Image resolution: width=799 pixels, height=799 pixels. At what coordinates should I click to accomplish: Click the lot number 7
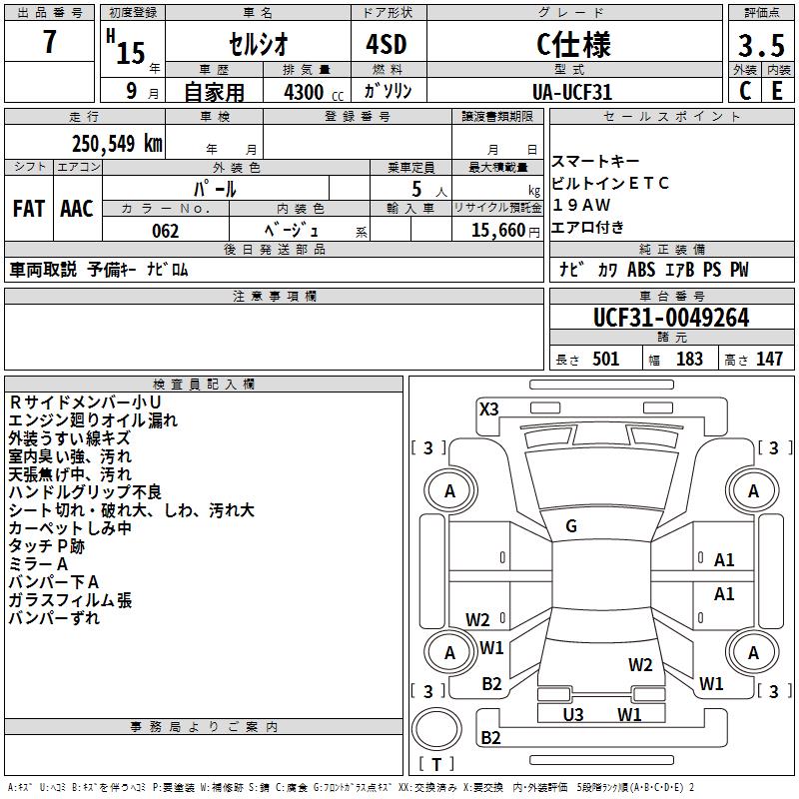pyautogui.click(x=50, y=43)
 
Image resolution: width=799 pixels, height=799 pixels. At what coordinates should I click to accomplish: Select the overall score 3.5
pyautogui.click(x=760, y=46)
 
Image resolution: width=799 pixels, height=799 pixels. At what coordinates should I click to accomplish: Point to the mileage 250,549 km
pyautogui.click(x=117, y=143)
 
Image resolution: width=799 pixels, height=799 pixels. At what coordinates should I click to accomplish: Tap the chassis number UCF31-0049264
pyautogui.click(x=670, y=318)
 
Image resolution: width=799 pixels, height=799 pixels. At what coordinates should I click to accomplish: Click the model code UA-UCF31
pyautogui.click(x=572, y=91)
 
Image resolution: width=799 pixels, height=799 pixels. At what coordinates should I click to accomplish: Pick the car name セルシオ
pyautogui.click(x=257, y=45)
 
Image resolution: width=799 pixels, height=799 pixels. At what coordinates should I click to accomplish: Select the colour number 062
pyautogui.click(x=166, y=231)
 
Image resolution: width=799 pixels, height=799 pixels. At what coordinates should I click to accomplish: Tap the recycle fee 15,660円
pyautogui.click(x=496, y=231)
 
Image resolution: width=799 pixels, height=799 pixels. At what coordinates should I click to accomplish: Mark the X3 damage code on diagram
pyautogui.click(x=488, y=407)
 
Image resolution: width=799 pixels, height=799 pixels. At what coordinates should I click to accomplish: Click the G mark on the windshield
pyautogui.click(x=571, y=526)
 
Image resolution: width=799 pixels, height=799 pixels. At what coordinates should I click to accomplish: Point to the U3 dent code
pyautogui.click(x=573, y=714)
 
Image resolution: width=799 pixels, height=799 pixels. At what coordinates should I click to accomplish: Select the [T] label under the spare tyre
pyautogui.click(x=436, y=764)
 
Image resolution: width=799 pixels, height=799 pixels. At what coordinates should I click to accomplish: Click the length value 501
pyautogui.click(x=605, y=359)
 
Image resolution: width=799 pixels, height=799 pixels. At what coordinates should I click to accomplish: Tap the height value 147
pyautogui.click(x=768, y=359)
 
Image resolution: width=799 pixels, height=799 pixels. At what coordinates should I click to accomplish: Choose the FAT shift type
pyautogui.click(x=28, y=209)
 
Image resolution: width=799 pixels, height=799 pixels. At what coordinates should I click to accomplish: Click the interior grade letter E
pyautogui.click(x=777, y=91)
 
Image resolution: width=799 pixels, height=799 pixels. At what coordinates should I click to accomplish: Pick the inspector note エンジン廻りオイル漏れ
pyautogui.click(x=93, y=420)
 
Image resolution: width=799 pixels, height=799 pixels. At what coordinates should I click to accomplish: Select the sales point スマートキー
pyautogui.click(x=594, y=162)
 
